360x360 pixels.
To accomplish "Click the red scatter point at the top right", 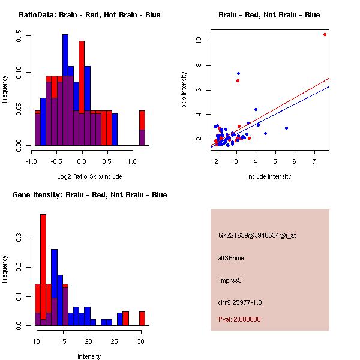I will point(325,34).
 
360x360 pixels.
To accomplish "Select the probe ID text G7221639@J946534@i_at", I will point(257,235).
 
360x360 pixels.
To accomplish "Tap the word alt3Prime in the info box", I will point(231,258).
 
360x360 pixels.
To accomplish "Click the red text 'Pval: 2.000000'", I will point(239,319).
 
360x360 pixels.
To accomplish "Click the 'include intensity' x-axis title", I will point(269,176).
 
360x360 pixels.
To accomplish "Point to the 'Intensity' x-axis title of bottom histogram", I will point(89,356).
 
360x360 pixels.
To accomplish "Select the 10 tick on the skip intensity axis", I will point(199,41).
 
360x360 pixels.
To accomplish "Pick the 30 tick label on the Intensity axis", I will point(140,341).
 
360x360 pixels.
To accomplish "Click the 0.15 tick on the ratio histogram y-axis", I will point(19,37).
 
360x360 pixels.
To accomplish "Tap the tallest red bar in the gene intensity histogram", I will point(43,270).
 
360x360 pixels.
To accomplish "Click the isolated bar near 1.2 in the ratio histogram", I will point(142,128).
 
